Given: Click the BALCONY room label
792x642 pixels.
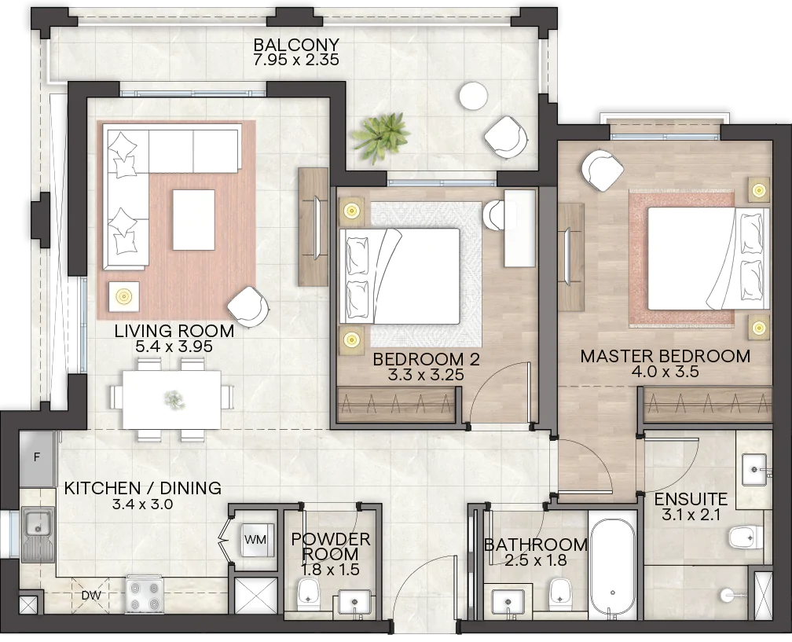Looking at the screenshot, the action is click(296, 45).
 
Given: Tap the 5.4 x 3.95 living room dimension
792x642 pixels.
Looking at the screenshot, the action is click(174, 347).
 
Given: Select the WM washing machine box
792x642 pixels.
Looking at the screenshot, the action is click(256, 540).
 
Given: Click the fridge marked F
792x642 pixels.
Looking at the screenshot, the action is click(37, 457).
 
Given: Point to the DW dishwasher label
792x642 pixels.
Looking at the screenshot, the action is click(91, 596).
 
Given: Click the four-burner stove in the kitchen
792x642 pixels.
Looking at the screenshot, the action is click(144, 595).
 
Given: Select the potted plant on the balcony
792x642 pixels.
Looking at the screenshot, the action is click(379, 137).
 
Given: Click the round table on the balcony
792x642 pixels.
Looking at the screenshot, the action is click(473, 95).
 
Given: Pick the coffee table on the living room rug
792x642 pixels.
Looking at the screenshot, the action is click(194, 220).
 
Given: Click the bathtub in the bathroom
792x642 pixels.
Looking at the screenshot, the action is click(612, 567).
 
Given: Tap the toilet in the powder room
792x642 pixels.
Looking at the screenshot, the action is click(308, 595).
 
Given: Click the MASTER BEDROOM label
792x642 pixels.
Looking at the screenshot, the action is click(665, 356).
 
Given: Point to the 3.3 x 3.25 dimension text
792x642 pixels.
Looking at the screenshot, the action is click(426, 375).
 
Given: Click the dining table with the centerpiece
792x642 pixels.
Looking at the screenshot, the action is click(172, 399).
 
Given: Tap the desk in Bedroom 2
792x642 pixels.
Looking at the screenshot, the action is click(520, 228).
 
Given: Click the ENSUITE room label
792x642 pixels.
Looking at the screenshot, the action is click(691, 499).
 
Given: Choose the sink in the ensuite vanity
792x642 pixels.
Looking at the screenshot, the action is click(754, 469).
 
